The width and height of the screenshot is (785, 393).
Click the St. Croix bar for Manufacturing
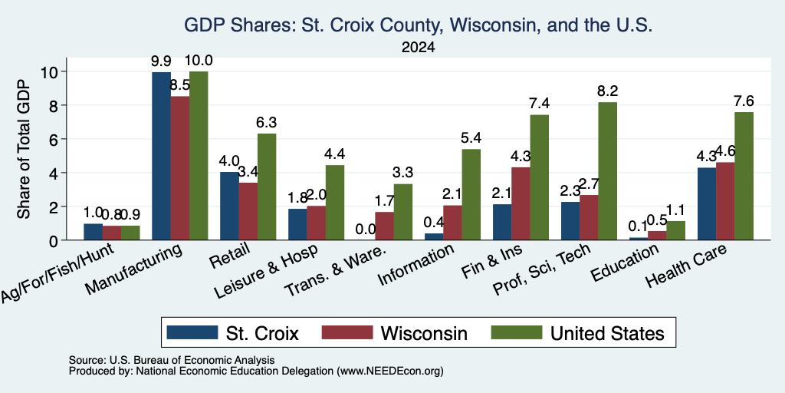tap(161, 156)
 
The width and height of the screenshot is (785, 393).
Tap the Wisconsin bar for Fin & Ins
tap(521, 203)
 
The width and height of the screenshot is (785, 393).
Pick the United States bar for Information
tap(471, 194)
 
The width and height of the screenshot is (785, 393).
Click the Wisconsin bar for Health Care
tap(725, 201)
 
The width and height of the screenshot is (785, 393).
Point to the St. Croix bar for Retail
tap(229, 206)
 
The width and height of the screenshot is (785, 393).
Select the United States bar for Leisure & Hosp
tap(335, 203)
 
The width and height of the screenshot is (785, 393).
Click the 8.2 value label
tap(607, 91)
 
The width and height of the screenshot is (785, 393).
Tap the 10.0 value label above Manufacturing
tap(199, 61)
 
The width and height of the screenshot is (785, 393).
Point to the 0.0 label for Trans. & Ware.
tap(366, 230)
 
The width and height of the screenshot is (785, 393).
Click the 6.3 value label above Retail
tap(267, 122)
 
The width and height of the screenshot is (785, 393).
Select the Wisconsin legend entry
tap(395, 333)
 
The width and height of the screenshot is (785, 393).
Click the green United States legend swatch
tap(517, 332)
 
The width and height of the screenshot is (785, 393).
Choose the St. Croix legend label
tap(262, 333)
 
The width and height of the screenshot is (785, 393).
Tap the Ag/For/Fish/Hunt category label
tap(58, 272)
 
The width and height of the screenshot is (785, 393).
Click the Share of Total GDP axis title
tap(24, 149)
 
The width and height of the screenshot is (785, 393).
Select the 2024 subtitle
tap(418, 48)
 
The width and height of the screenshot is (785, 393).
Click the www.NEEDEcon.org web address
tap(390, 371)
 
